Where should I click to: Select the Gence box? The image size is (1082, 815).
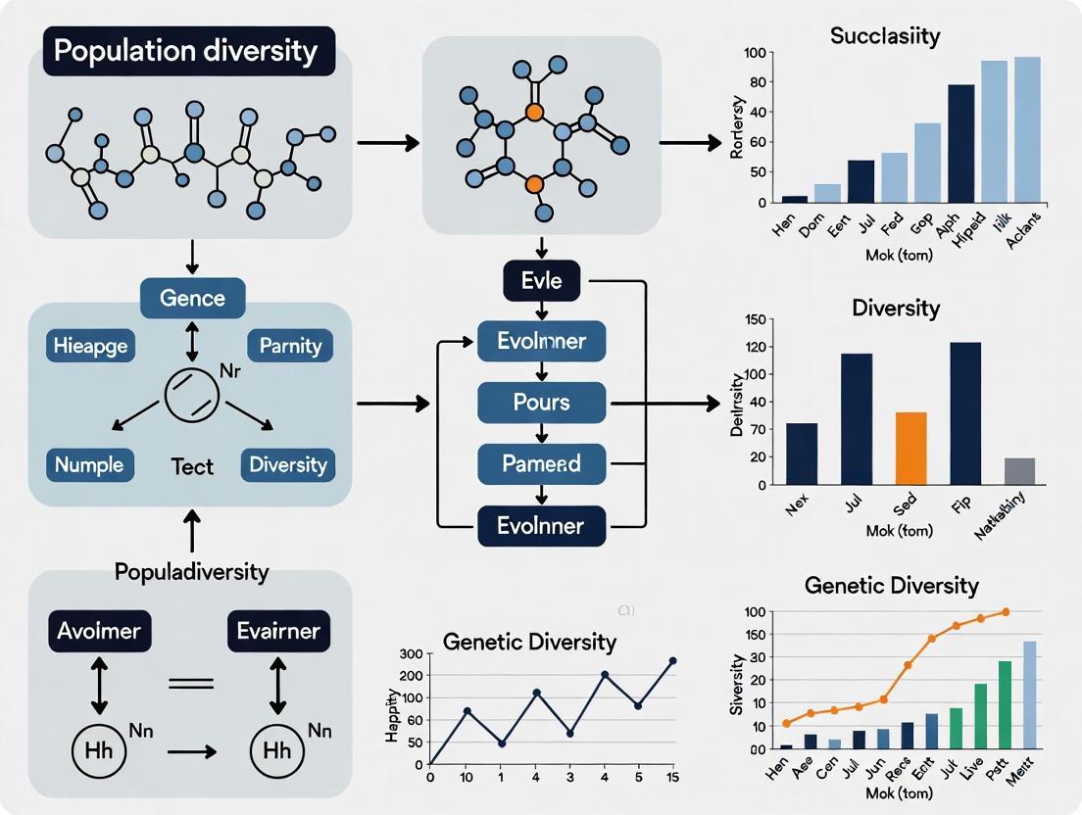(x=192, y=297)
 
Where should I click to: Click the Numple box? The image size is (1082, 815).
(x=89, y=464)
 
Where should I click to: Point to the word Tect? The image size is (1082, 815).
(x=192, y=466)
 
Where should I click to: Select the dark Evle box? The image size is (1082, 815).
(x=542, y=282)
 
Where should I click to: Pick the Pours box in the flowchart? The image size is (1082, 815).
(x=542, y=403)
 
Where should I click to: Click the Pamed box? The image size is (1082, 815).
(x=542, y=463)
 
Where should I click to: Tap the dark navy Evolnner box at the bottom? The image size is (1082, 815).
(x=542, y=526)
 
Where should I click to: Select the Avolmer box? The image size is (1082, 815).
(x=99, y=631)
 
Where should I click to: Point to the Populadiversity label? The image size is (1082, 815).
(x=192, y=571)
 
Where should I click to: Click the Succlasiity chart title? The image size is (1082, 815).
(x=884, y=37)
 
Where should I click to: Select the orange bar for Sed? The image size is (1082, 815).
(x=911, y=448)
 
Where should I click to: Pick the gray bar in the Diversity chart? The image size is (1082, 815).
(x=1019, y=471)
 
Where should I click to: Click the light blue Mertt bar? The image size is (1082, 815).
(x=1029, y=695)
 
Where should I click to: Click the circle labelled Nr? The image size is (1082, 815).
(x=192, y=396)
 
